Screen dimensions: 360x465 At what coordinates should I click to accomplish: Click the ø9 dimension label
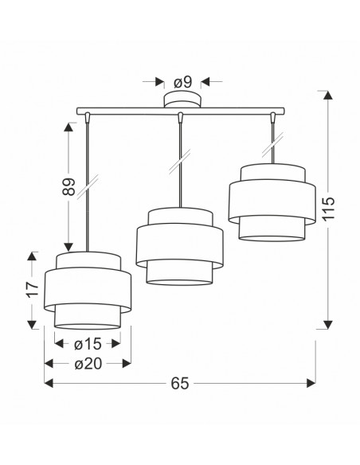coord(183,82)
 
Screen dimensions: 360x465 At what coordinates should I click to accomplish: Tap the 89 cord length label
coord(68,186)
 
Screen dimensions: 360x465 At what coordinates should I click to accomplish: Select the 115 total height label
coord(328,208)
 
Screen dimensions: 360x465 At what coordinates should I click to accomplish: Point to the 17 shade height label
coord(32,289)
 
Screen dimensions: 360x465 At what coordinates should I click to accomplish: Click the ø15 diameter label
coord(88,344)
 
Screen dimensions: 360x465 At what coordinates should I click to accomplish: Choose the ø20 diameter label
coord(88,364)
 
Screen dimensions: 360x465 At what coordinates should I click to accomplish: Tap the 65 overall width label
coord(180,384)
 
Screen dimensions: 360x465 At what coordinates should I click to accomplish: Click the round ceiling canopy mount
coord(182,100)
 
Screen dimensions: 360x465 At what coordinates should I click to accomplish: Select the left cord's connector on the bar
coord(87,117)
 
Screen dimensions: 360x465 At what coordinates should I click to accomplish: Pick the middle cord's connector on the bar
coord(180,117)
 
